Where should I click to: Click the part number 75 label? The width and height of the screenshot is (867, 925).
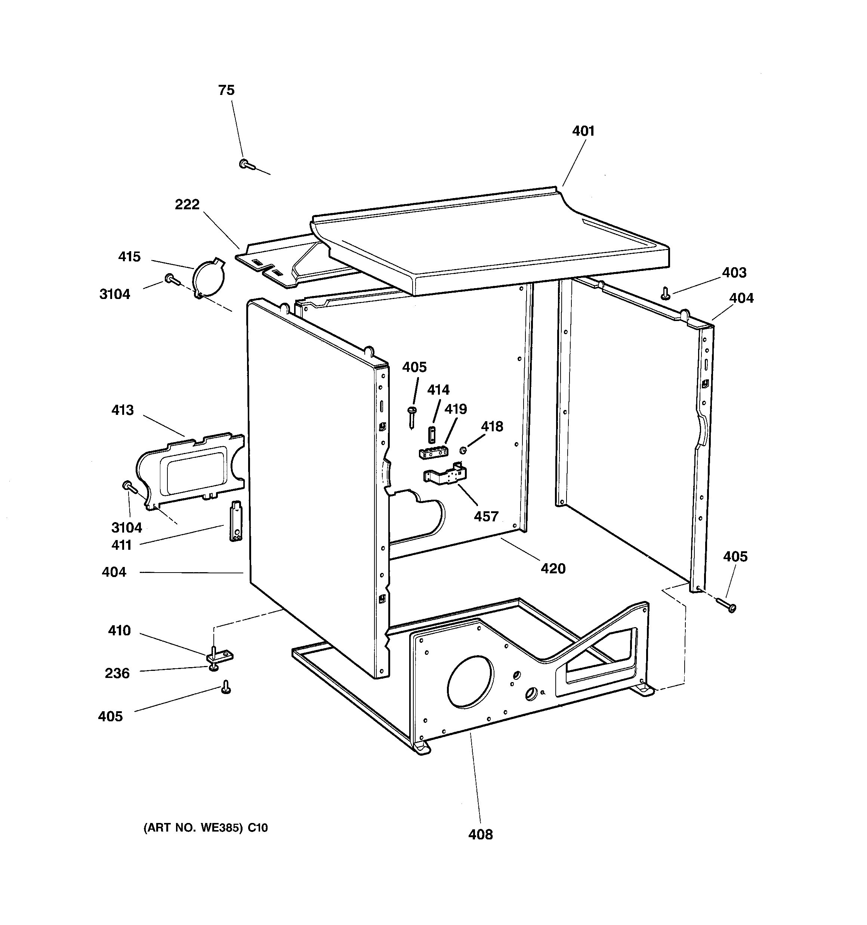pyautogui.click(x=226, y=90)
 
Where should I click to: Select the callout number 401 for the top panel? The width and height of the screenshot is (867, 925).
pyautogui.click(x=583, y=131)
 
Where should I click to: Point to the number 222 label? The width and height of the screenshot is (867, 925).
pyautogui.click(x=187, y=204)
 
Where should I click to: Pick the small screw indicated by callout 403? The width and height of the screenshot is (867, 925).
pyautogui.click(x=666, y=293)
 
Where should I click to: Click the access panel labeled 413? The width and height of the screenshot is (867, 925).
pyautogui.click(x=191, y=470)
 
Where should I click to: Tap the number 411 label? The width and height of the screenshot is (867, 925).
pyautogui.click(x=121, y=545)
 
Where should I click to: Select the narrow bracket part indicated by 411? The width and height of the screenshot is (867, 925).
pyautogui.click(x=236, y=521)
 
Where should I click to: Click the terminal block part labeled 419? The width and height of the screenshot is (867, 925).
pyautogui.click(x=433, y=452)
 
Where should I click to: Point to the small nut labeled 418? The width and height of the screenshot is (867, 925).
pyautogui.click(x=463, y=450)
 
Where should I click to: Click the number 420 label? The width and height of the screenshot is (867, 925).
pyautogui.click(x=553, y=568)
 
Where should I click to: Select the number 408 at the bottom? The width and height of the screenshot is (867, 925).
pyautogui.click(x=480, y=834)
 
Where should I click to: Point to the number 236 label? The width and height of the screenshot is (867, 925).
pyautogui.click(x=117, y=673)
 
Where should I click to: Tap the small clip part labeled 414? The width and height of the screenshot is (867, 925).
pyautogui.click(x=431, y=434)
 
